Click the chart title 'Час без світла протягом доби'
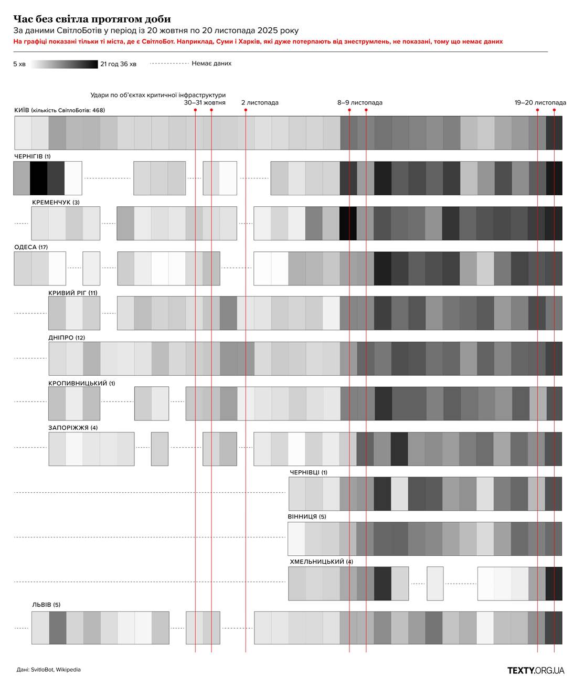[x=92, y=19]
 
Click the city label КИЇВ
[x=22, y=111]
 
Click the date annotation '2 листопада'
[x=260, y=103]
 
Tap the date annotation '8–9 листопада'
[x=359, y=103]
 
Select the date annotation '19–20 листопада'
[x=540, y=103]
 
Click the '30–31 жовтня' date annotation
[x=205, y=103]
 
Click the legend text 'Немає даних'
[x=211, y=64]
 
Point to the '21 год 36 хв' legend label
[x=118, y=64]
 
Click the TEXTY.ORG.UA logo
[x=535, y=670]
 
